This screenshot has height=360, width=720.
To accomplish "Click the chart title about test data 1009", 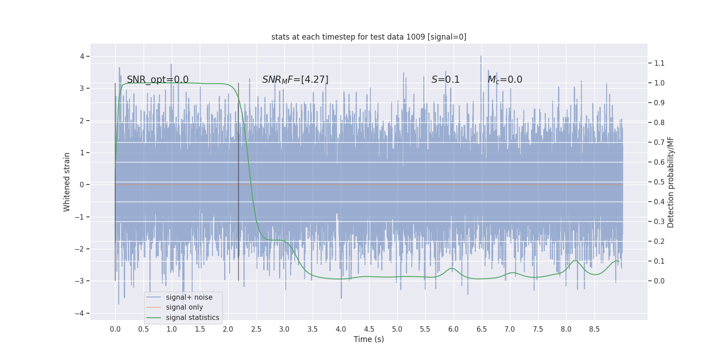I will (x=369, y=37).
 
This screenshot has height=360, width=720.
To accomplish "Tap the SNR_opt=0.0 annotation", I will (x=157, y=80).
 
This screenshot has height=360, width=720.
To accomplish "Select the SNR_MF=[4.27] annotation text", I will (x=295, y=80).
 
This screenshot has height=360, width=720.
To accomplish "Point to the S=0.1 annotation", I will (x=445, y=80).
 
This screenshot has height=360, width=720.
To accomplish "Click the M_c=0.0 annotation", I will (x=505, y=80).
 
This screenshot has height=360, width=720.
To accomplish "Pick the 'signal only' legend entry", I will (x=184, y=307).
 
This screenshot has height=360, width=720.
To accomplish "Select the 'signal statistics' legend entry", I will (x=192, y=318).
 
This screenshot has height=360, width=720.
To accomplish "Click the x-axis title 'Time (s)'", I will (x=369, y=339).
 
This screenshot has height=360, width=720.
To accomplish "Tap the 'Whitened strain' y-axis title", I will (x=67, y=182).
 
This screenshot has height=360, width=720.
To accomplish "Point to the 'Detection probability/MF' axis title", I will (x=670, y=182).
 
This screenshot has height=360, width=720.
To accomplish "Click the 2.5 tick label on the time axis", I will (x=256, y=329).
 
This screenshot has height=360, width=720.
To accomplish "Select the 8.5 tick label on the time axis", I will (x=594, y=329).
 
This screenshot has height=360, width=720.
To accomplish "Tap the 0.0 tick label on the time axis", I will (x=115, y=329).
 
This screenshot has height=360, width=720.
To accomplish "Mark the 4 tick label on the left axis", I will (x=82, y=56).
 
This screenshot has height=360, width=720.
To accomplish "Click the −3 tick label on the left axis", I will (x=80, y=281).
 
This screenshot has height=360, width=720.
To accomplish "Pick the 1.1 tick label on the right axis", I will (x=659, y=63).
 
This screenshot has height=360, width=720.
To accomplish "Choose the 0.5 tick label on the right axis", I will (x=659, y=182).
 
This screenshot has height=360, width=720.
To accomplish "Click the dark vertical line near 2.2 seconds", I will (x=238, y=180).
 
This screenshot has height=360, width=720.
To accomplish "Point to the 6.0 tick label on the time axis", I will (x=453, y=329).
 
